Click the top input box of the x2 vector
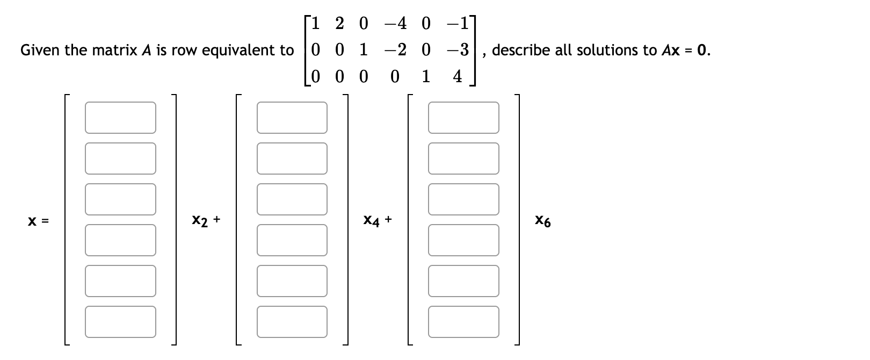coord(120,118)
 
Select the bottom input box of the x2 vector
coord(120,322)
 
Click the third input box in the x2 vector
coord(120,199)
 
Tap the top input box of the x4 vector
coord(292,118)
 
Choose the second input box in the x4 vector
coord(292,159)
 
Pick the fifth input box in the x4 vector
coord(292,281)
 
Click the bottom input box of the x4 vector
coord(292,322)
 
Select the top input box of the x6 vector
coord(463,118)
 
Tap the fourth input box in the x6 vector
coord(463,240)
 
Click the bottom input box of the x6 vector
coord(463,322)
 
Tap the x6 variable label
coord(542,220)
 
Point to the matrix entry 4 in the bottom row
coord(457,77)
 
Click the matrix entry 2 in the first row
coord(339,24)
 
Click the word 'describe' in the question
coord(520,51)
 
